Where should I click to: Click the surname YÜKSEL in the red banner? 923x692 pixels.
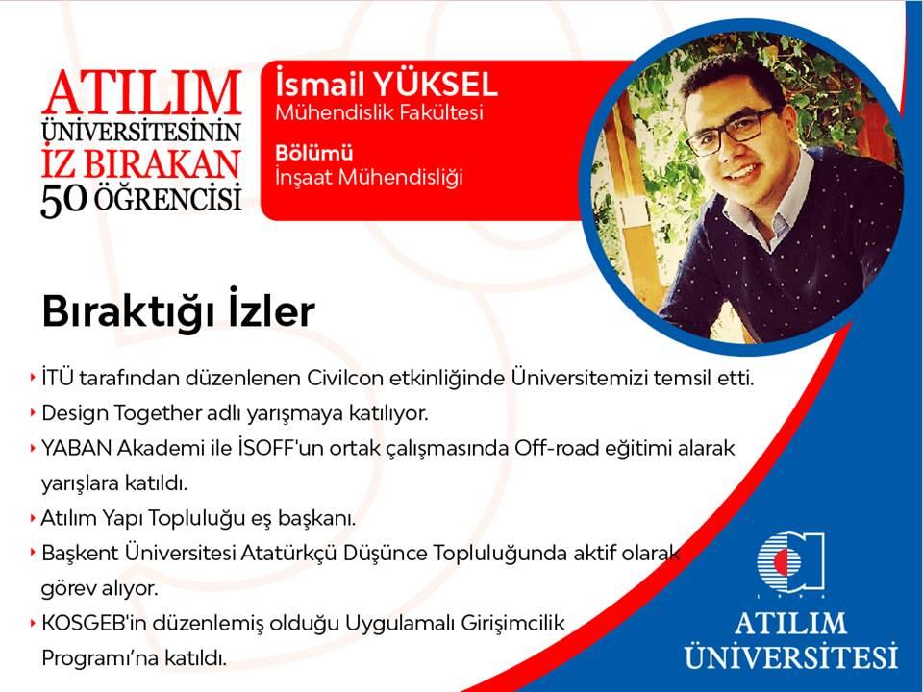(x=437, y=85)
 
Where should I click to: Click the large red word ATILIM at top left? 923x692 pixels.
(x=142, y=93)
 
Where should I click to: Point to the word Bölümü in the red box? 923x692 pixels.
(x=314, y=153)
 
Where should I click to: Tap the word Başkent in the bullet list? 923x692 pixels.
(x=80, y=554)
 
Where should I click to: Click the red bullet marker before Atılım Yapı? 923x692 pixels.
(x=33, y=518)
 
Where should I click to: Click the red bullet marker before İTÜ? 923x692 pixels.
(x=33, y=378)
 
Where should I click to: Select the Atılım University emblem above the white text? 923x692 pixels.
(x=790, y=564)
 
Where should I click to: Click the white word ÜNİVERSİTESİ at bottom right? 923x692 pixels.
(x=790, y=655)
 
